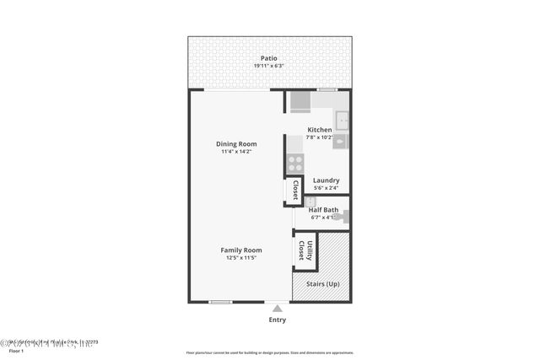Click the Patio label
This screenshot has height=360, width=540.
pos(269,59)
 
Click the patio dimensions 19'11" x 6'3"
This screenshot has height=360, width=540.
pos(269,67)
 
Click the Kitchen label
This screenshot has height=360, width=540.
pos(320,130)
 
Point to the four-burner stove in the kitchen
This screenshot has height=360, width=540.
pos(295,164)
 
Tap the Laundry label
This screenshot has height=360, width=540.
pos(326,180)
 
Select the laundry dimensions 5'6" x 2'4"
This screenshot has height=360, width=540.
pos(326,188)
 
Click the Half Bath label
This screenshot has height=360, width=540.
pos(325,210)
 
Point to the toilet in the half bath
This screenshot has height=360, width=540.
pos(344,217)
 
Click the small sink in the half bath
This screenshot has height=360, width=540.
pos(310,201)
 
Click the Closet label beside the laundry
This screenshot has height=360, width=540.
pos(295,191)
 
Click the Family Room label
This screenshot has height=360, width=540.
pos(241,250)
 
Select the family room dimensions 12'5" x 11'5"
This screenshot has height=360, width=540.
pos(241,258)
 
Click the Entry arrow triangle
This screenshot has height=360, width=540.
pos(277,309)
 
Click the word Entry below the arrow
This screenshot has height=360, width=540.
pos(277,320)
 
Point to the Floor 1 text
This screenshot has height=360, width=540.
pos(16,351)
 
